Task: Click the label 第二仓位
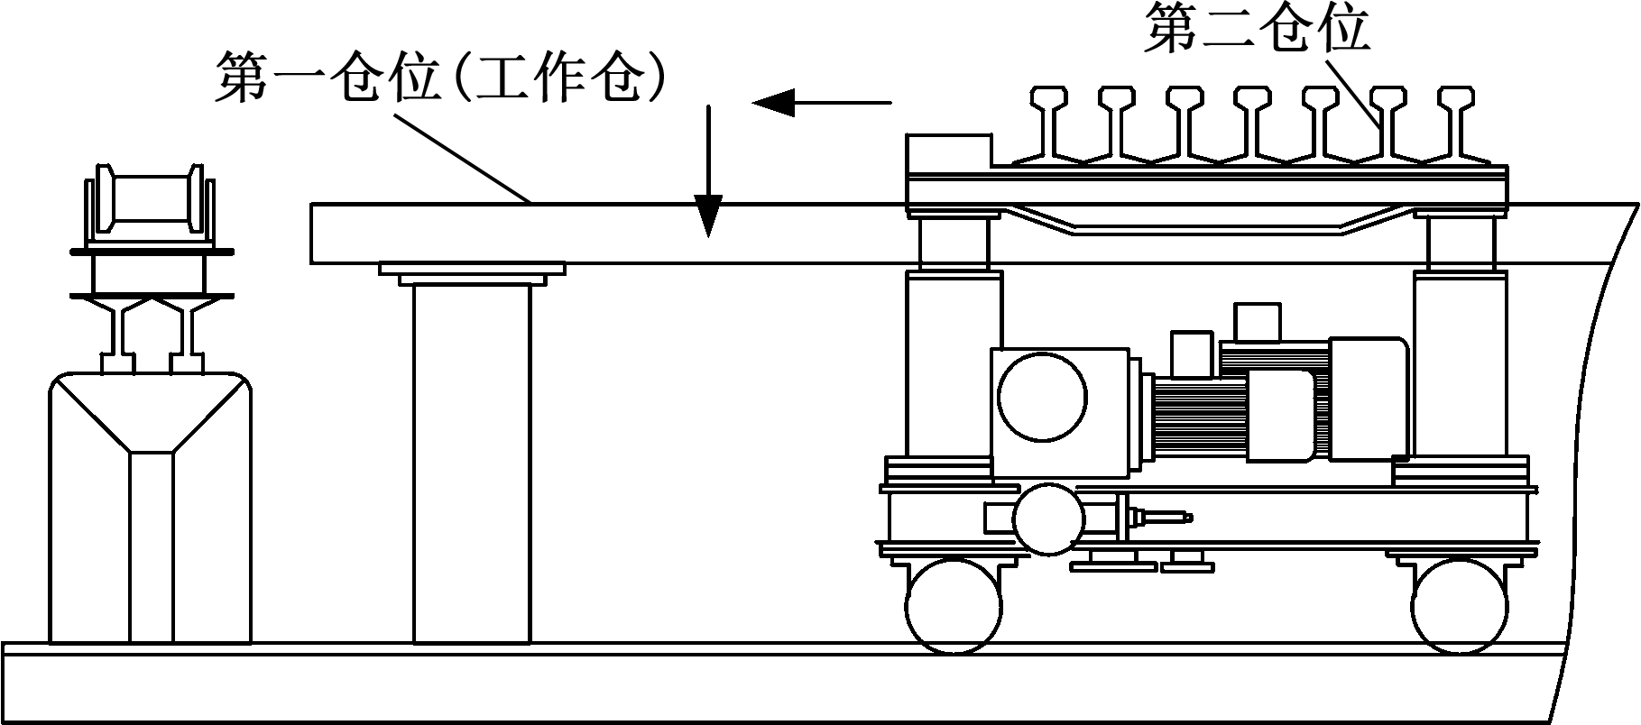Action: (x=1257, y=30)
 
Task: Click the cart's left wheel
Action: (x=954, y=605)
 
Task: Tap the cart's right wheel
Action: (x=1460, y=605)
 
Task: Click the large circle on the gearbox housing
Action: (x=1043, y=398)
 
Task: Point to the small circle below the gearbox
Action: (x=1047, y=519)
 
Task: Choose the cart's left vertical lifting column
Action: (x=954, y=361)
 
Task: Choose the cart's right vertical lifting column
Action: (x=1460, y=361)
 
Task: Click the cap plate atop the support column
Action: (x=472, y=271)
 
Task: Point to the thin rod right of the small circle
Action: (x=1165, y=518)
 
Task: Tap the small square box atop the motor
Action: (x=1258, y=321)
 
